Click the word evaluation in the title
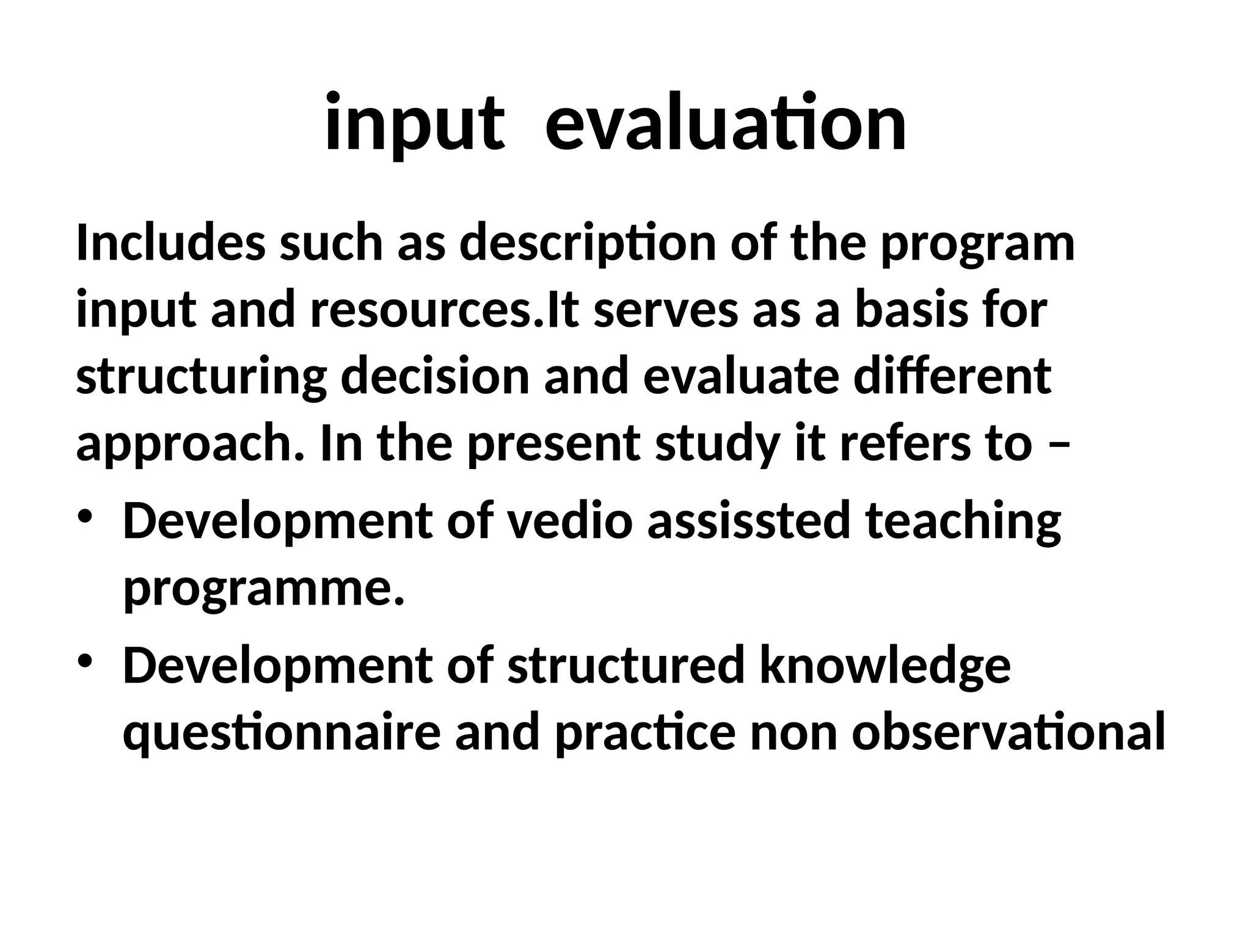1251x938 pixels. pos(725,124)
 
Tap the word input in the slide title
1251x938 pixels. pos(415,124)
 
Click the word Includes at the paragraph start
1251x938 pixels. pos(170,243)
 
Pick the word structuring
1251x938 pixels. pos(201,379)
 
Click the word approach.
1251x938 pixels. pos(189,446)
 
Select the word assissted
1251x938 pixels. pos(748,522)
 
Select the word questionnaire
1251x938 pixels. pos(282,734)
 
